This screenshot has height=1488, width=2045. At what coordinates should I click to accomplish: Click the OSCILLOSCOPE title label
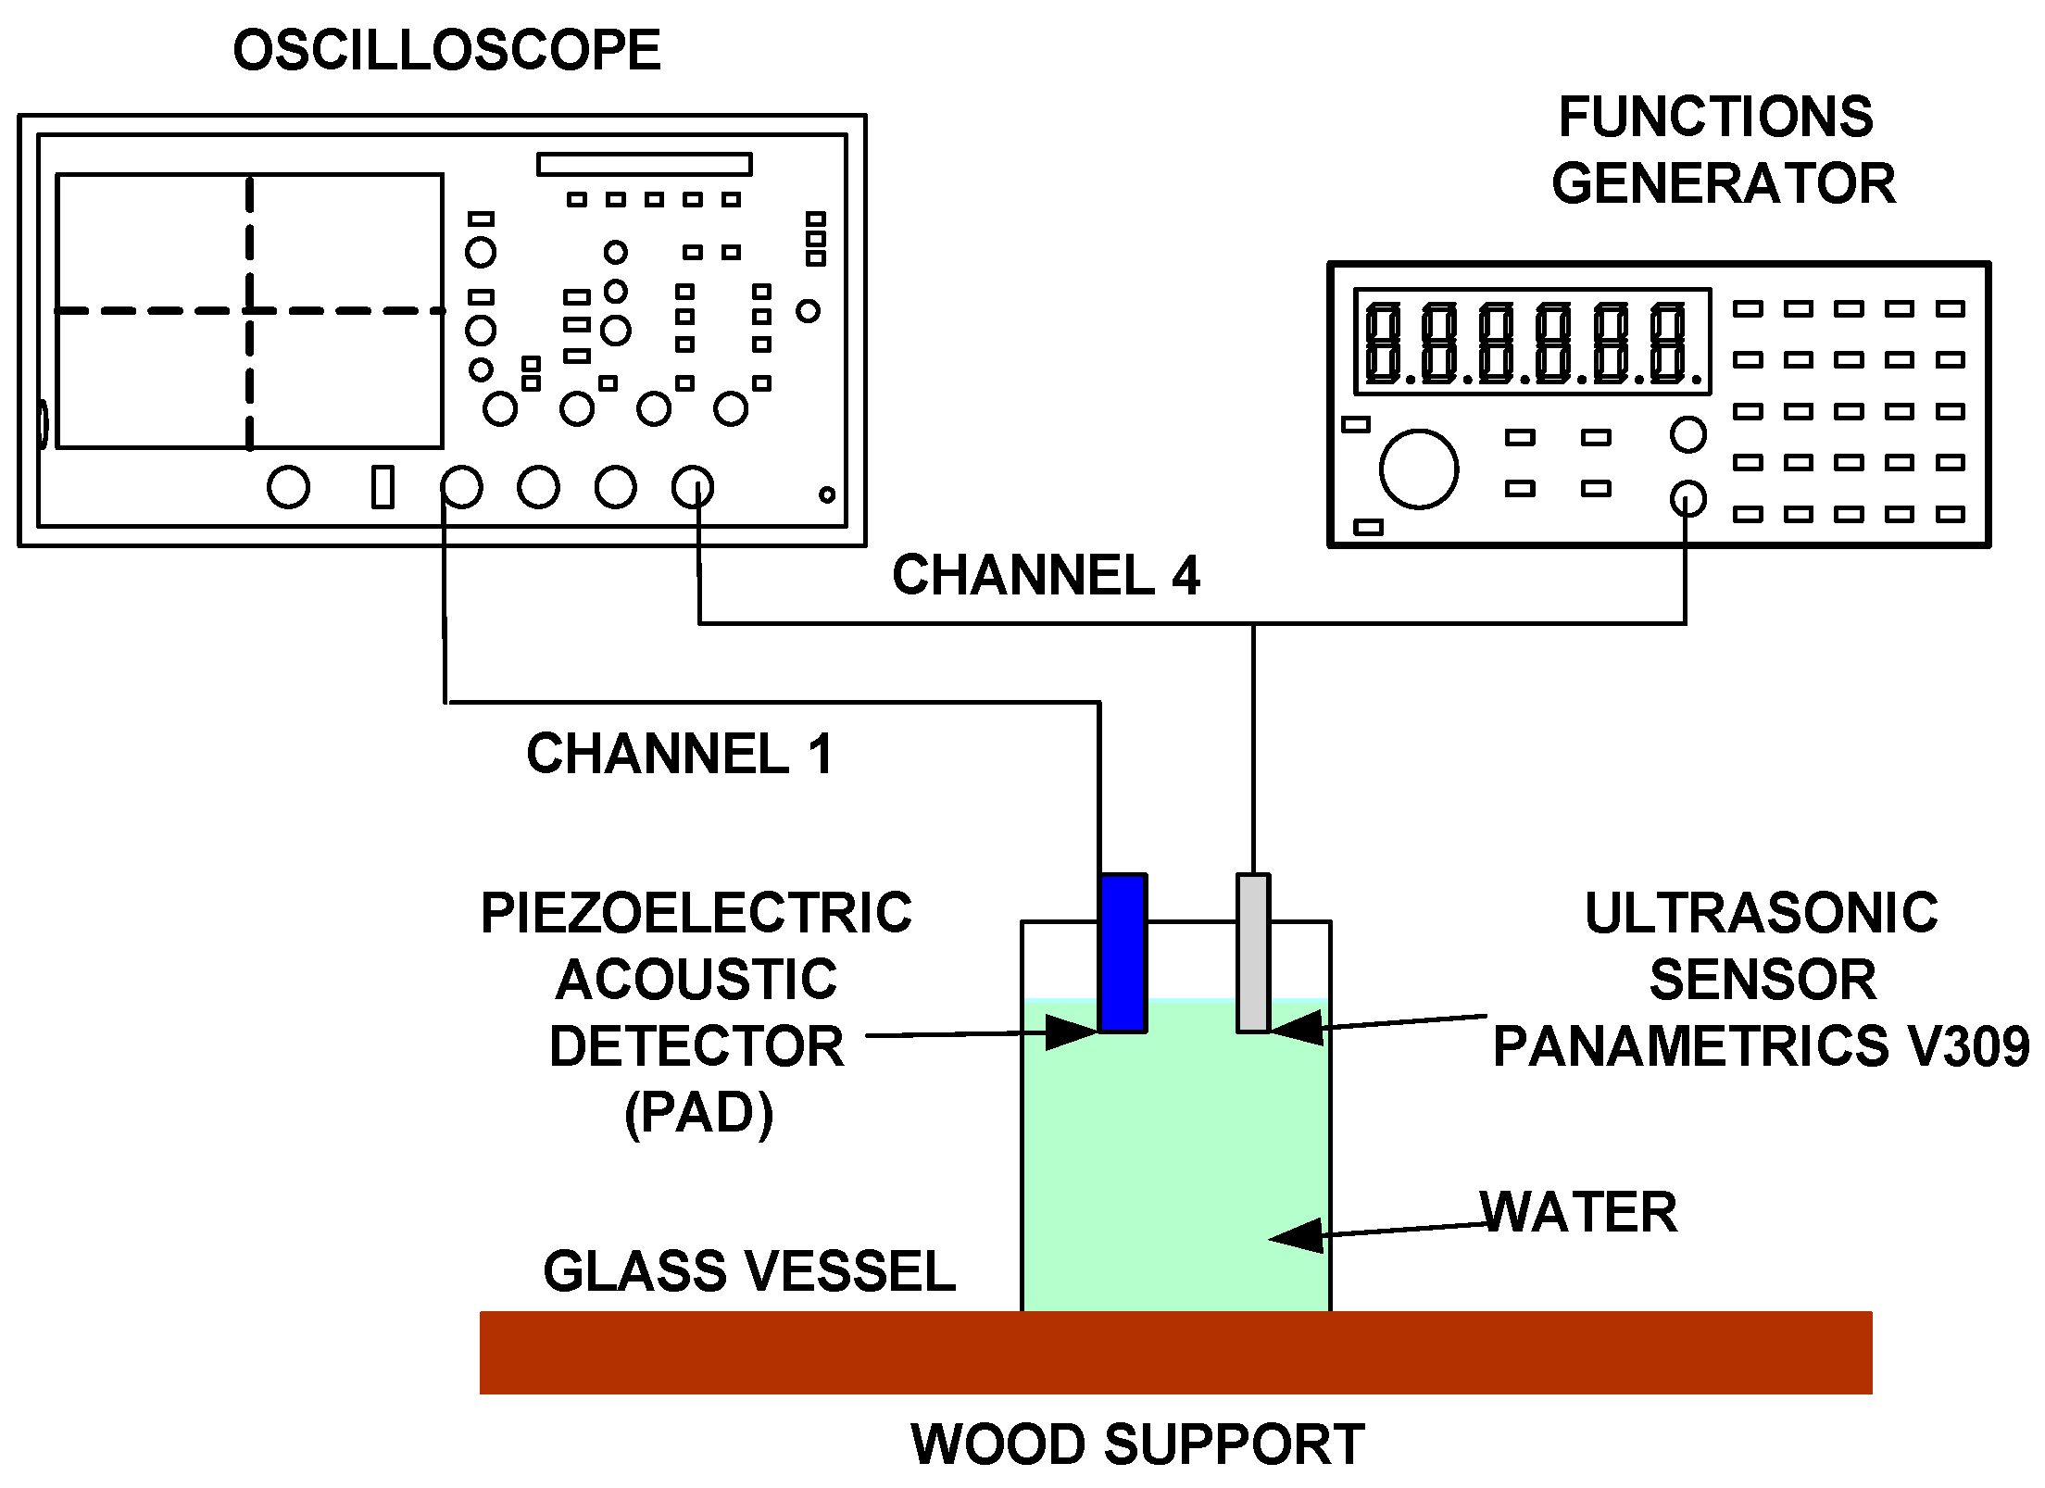446,51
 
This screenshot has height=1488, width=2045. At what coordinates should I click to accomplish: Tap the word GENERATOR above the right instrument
1724,183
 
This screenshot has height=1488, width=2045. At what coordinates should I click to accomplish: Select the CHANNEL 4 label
1046,575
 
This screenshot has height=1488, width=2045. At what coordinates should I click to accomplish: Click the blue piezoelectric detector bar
1123,953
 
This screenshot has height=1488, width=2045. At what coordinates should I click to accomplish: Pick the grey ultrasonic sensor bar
1253,953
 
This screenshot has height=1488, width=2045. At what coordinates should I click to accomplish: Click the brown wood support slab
1175,1352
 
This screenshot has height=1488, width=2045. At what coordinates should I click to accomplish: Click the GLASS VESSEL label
748,1270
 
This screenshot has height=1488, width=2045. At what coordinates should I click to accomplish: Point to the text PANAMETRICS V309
1760,1046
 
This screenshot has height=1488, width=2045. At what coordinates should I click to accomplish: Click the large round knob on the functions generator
1418,469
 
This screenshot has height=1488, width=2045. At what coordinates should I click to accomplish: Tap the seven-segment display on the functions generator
1532,342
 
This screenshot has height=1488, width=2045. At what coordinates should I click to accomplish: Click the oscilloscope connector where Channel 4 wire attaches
692,487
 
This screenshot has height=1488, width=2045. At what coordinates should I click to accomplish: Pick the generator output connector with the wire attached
1687,500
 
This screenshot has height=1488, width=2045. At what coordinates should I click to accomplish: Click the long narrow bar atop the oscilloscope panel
644,165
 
